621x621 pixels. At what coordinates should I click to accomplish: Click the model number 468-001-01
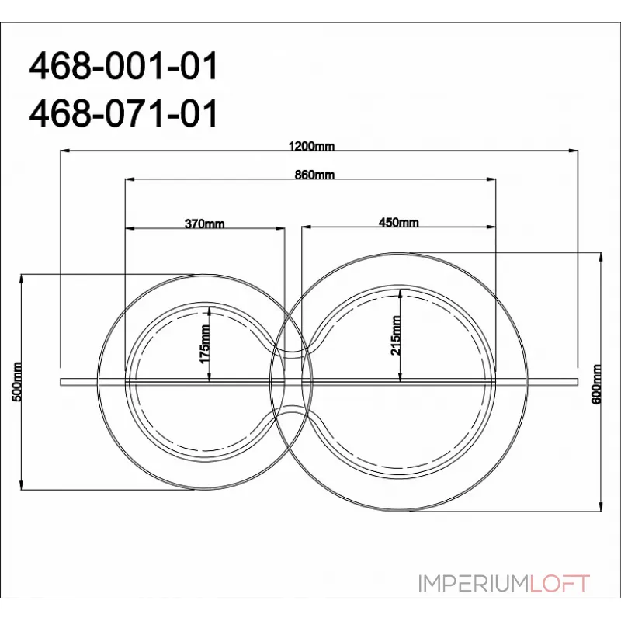pyautogui.click(x=123, y=68)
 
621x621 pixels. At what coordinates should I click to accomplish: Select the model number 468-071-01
pyautogui.click(x=123, y=114)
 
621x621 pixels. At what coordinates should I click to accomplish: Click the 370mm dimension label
pyautogui.click(x=205, y=224)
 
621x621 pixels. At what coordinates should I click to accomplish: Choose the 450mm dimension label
pyautogui.click(x=398, y=224)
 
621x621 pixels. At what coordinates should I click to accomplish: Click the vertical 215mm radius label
pyautogui.click(x=395, y=334)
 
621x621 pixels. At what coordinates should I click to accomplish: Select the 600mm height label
pyautogui.click(x=596, y=381)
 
